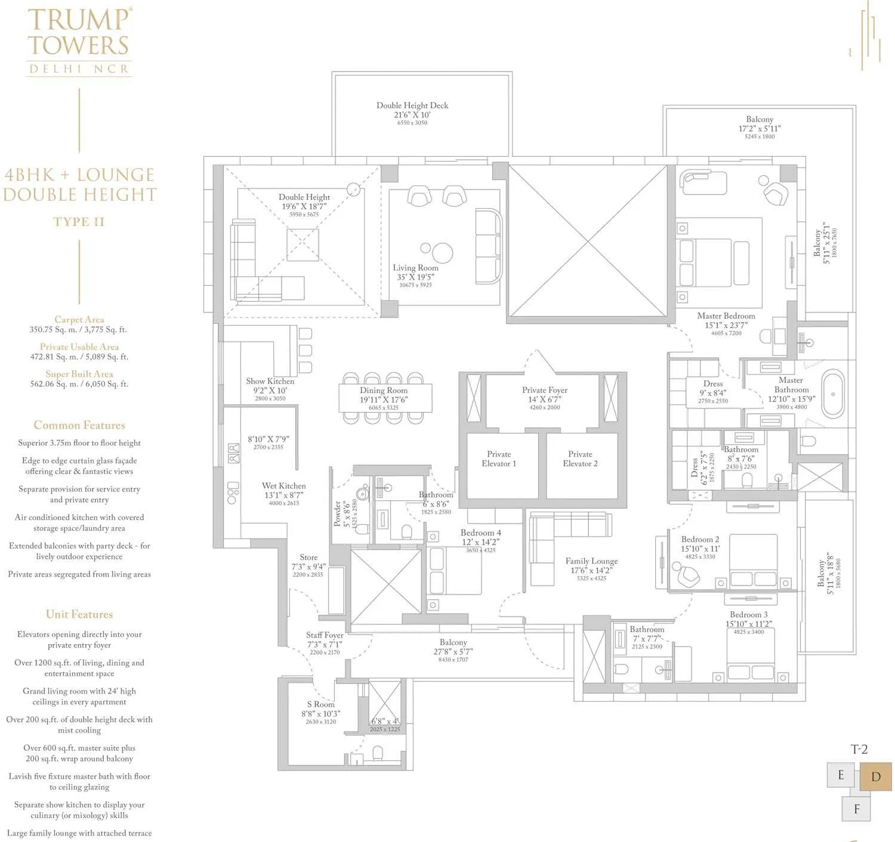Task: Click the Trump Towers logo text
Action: coord(79,33)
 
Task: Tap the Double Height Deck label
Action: coord(412,106)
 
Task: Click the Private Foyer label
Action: coord(544,391)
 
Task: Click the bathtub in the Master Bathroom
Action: coord(833,394)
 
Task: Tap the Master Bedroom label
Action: coord(726,316)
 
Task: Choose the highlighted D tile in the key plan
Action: coord(875,776)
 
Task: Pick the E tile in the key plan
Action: coord(841,775)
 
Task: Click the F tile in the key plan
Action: coord(857,809)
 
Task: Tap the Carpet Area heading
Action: coord(79,320)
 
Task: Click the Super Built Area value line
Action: coord(79,384)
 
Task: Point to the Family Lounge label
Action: coord(591,561)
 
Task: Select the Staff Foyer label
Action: coord(325,636)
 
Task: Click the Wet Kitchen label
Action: coord(283,486)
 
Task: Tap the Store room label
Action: coord(308,558)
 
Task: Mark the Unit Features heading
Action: coord(79,614)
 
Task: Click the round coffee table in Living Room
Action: coord(442,253)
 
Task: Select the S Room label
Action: coord(321,704)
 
